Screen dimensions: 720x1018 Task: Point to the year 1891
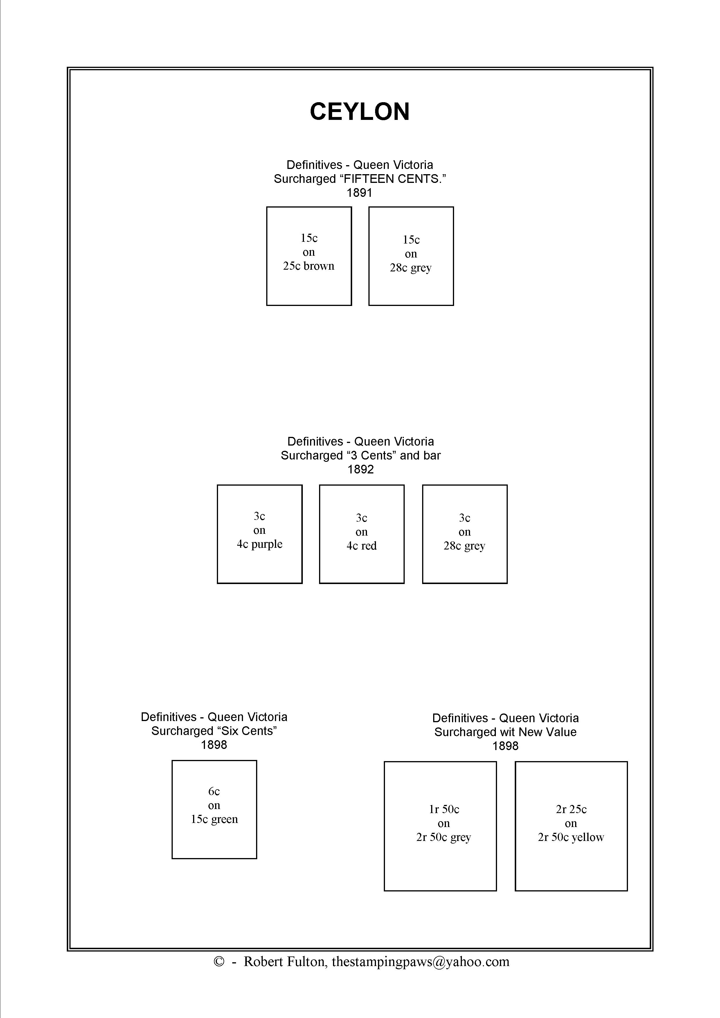coord(359,193)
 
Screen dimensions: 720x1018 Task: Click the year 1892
coord(361,470)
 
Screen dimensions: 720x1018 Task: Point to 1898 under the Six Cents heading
coord(214,745)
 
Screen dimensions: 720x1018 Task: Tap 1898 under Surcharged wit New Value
coord(505,746)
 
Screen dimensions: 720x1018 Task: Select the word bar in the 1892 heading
coord(432,455)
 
